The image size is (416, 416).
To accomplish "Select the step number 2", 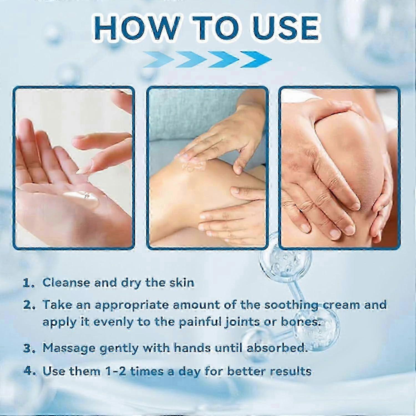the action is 29,305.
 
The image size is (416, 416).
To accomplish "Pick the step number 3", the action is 29,348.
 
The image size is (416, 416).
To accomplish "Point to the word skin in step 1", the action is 181,283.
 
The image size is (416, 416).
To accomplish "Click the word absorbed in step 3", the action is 277,348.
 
